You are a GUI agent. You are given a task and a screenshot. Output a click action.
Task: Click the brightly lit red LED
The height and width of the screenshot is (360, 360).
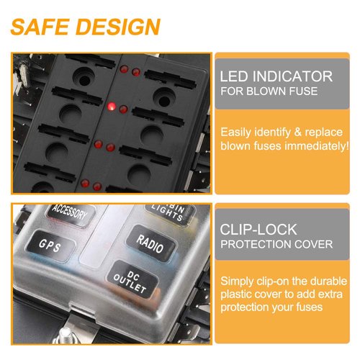(112, 107)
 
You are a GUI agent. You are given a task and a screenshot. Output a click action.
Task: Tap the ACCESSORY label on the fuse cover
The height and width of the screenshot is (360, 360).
(70, 214)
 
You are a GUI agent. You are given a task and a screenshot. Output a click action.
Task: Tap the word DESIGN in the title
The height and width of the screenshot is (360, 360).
(118, 27)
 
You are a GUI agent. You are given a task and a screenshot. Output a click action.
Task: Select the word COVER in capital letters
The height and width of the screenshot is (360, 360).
(315, 244)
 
